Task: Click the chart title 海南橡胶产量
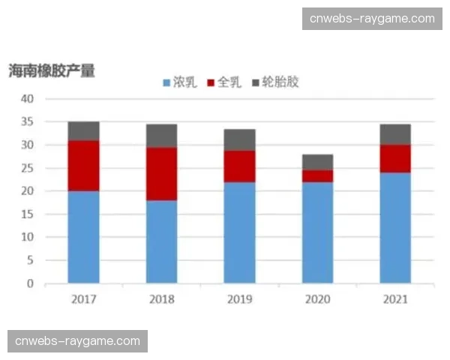(x=52, y=71)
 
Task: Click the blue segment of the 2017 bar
(x=83, y=237)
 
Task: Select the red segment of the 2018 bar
(x=161, y=173)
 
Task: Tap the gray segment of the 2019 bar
(x=239, y=139)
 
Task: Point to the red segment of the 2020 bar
(x=317, y=175)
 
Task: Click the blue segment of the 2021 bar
(x=395, y=228)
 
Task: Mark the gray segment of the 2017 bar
(x=83, y=130)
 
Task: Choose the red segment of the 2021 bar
(x=395, y=158)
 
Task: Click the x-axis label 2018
(x=161, y=299)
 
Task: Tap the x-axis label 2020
(x=317, y=299)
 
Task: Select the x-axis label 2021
(x=395, y=299)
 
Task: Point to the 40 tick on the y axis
(x=28, y=98)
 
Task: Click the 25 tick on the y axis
(x=28, y=168)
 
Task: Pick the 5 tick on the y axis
(x=31, y=260)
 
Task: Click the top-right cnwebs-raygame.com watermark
(x=372, y=18)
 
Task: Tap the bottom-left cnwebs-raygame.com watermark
(x=77, y=341)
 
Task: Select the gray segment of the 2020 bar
(x=317, y=162)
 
